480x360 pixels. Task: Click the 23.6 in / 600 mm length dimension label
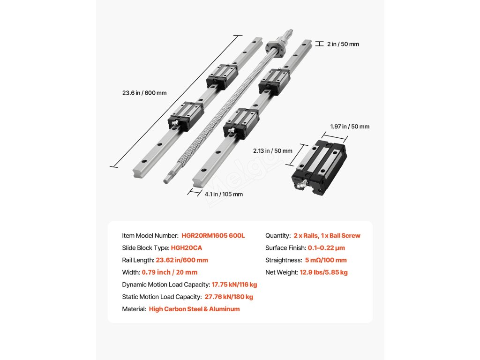click(x=144, y=93)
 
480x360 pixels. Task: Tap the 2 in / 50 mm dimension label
click(x=343, y=44)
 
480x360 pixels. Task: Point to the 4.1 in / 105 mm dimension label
click(x=223, y=194)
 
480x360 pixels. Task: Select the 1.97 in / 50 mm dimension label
click(x=350, y=127)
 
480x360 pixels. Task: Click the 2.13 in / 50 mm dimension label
click(x=272, y=151)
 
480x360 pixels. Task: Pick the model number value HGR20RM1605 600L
click(x=213, y=236)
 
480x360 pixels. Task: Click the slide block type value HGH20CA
click(x=187, y=248)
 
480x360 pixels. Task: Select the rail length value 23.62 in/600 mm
click(x=182, y=260)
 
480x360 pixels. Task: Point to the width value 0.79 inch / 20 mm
click(x=170, y=272)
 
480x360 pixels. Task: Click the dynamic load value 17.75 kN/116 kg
click(x=234, y=285)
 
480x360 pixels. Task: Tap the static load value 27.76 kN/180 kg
click(x=229, y=297)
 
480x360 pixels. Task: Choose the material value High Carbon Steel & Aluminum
click(x=194, y=309)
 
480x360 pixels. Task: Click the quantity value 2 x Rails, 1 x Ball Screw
click(x=327, y=236)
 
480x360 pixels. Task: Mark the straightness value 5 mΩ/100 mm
click(x=325, y=260)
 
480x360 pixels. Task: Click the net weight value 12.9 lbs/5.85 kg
click(x=324, y=272)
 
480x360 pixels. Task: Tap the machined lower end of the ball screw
click(x=169, y=177)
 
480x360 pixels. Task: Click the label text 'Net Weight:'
click(x=281, y=272)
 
